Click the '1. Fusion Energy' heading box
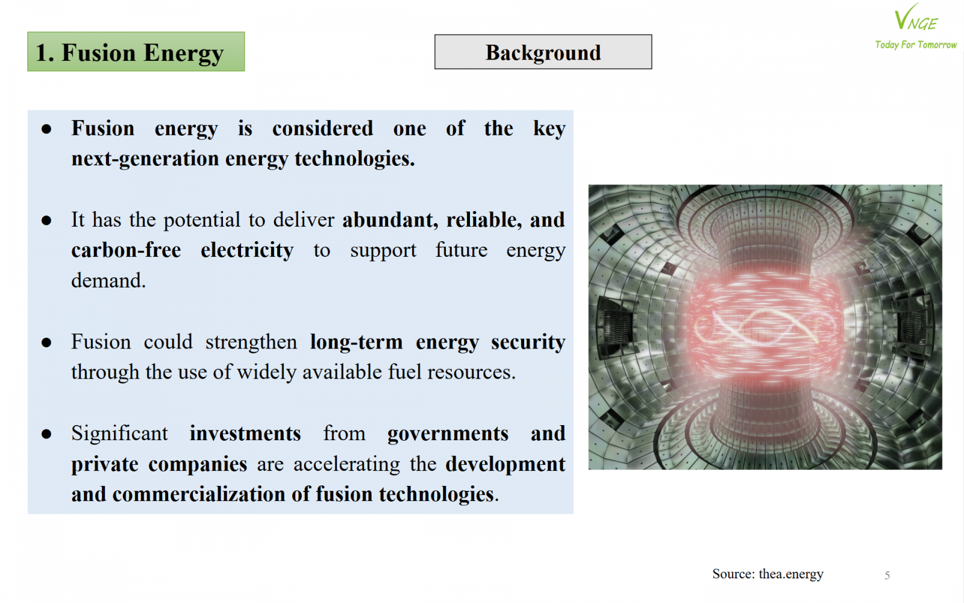[x=136, y=52]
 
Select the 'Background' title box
[x=543, y=52]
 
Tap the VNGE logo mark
[x=916, y=17]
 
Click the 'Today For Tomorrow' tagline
[x=916, y=45]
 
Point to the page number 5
[x=887, y=575]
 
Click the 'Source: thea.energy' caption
[x=768, y=574]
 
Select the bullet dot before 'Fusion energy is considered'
[x=46, y=129]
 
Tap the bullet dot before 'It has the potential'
[x=46, y=221]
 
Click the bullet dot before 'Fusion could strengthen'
[x=46, y=343]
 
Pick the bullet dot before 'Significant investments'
[x=46, y=434]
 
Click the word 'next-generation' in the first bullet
[x=145, y=159]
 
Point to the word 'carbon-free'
[x=126, y=250]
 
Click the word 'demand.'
[x=108, y=281]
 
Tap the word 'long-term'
[x=356, y=343]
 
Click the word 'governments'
[x=448, y=434]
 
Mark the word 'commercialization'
[x=199, y=494]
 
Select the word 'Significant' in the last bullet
[x=120, y=434]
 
